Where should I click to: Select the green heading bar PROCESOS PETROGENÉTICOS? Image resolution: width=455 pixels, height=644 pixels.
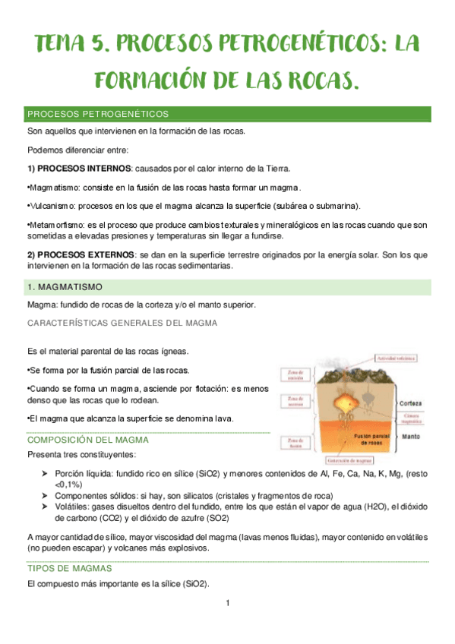(228, 115)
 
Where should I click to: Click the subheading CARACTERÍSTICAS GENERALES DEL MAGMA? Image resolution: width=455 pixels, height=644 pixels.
(122, 323)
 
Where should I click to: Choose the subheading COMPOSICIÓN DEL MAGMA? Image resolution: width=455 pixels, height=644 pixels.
(87, 440)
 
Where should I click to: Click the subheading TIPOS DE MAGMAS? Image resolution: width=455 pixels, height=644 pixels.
(69, 568)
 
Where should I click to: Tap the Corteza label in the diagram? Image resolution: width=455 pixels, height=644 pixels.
(411, 403)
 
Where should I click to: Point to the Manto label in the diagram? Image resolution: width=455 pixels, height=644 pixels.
(410, 437)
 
